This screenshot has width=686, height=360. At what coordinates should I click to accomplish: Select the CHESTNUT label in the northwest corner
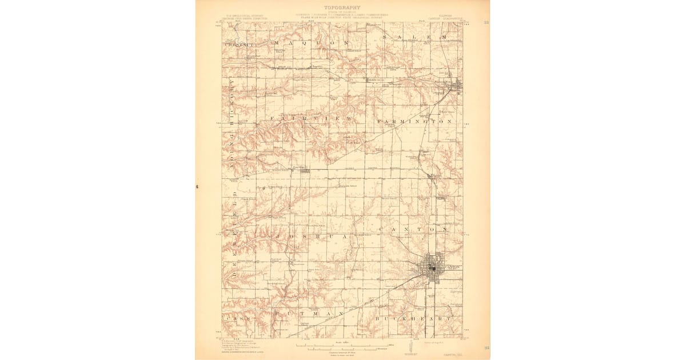[x=234, y=43]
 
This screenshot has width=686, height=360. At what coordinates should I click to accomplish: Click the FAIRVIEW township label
[x=308, y=119]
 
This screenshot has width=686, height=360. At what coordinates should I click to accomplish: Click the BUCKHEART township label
[x=414, y=317]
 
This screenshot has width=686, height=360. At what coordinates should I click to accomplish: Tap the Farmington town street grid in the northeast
[x=456, y=86]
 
